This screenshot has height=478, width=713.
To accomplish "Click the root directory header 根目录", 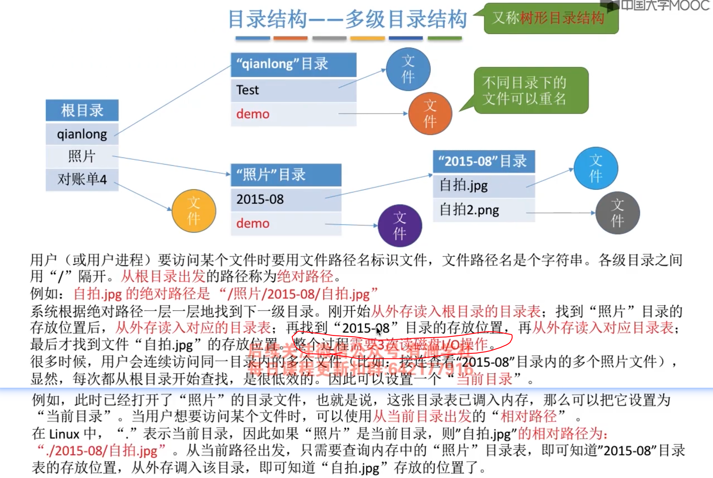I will (82, 110).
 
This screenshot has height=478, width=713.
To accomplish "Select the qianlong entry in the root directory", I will (82, 134).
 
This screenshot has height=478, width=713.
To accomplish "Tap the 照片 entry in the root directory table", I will (82, 156).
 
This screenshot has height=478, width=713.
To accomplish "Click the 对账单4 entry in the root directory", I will (82, 179).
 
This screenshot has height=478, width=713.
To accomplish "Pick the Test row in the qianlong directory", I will (293, 90).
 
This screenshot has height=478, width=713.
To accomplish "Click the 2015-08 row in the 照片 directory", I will (286, 199).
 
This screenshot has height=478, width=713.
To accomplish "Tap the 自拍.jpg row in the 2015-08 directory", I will (484, 185).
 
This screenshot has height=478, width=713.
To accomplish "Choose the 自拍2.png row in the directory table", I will (484, 210).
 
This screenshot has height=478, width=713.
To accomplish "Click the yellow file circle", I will (194, 211).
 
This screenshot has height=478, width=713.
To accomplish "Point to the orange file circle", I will (430, 114).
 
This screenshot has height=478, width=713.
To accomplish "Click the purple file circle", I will (399, 226).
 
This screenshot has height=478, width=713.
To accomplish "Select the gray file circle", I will (617, 213).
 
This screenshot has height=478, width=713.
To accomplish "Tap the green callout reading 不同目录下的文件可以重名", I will (531, 91).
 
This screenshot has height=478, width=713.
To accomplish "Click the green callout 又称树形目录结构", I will (551, 18).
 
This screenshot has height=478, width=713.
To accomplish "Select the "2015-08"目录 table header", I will (484, 161).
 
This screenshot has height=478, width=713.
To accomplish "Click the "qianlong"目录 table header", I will (293, 64).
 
